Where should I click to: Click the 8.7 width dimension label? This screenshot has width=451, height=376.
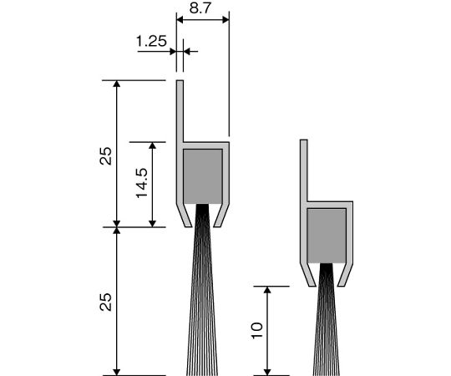click(x=200, y=8)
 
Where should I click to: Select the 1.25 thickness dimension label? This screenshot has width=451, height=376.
click(x=151, y=41)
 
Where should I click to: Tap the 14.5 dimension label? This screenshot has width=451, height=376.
click(x=142, y=183)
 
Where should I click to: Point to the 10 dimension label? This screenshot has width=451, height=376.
click(x=257, y=330)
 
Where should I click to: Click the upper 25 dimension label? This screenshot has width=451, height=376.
click(x=105, y=156)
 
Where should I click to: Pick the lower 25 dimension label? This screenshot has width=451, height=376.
click(x=105, y=302)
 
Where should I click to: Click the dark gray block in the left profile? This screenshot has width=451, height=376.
click(x=203, y=176)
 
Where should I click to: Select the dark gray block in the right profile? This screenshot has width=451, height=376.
click(x=327, y=236)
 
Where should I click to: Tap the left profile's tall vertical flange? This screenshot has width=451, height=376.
click(x=180, y=111)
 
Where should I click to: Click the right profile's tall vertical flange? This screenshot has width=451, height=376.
click(x=304, y=170)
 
